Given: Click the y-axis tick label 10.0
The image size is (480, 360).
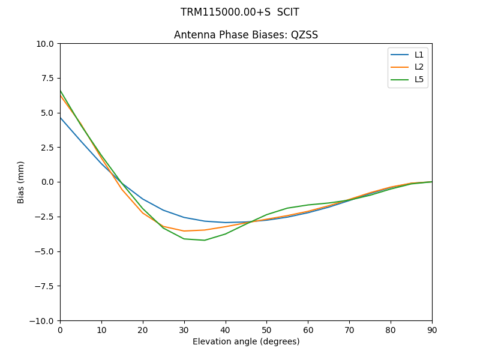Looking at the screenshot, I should click(46, 44).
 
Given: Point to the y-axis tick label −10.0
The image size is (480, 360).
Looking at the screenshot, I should click(43, 320).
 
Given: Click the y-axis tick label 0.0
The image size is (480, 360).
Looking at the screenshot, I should click(48, 182).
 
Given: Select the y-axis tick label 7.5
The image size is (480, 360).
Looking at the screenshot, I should click(48, 78).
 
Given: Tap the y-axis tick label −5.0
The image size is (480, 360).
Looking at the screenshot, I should click(46, 251).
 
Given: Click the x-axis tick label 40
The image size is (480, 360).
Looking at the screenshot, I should click(225, 330).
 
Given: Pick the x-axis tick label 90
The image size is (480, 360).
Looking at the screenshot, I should click(431, 330).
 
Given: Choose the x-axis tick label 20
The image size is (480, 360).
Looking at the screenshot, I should click(143, 330).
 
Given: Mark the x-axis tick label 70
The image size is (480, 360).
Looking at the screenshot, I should click(349, 330).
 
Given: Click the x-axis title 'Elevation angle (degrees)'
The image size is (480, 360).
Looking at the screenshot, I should click(246, 342).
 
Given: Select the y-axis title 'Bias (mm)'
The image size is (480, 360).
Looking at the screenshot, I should click(21, 182).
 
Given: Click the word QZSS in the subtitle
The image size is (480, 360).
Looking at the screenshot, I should click(304, 35).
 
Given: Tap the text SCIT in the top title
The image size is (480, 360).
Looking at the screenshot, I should click(288, 12).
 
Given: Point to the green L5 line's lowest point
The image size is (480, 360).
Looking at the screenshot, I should click(205, 240).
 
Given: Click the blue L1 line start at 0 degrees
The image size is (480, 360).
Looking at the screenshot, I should click(61, 118).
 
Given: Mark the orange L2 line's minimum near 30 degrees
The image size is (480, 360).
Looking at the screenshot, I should click(184, 231).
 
